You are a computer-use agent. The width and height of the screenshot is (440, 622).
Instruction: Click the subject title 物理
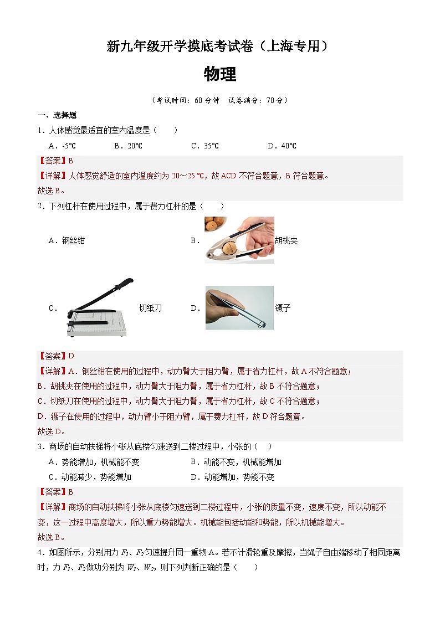pyautogui.click(x=220, y=74)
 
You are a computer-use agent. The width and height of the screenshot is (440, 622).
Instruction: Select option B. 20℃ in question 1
pyautogui.click(x=128, y=146)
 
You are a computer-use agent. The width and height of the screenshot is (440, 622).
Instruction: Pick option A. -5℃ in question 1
pyautogui.click(x=62, y=146)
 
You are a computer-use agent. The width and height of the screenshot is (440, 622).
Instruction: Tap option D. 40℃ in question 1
pyautogui.click(x=282, y=146)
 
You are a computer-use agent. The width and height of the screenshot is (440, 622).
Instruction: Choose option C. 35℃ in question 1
pyautogui.click(x=205, y=146)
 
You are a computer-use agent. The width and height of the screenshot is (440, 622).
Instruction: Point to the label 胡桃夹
pyautogui.click(x=286, y=241)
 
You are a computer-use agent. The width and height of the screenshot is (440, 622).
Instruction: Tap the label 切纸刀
pyautogui.click(x=150, y=309)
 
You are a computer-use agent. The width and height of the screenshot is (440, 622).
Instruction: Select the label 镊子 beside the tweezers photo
pyautogui.click(x=283, y=309)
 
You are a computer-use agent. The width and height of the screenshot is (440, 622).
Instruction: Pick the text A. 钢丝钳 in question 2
pyautogui.click(x=67, y=241)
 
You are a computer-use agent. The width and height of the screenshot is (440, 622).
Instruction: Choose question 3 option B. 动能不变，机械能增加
pyautogui.click(x=236, y=462)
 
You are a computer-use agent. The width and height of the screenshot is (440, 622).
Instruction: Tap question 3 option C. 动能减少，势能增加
pyautogui.click(x=90, y=477)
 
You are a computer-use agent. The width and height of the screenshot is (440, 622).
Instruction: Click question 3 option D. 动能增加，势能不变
pyautogui.click(x=233, y=477)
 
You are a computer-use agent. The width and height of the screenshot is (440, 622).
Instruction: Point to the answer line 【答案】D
pyautogui.click(x=56, y=356)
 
